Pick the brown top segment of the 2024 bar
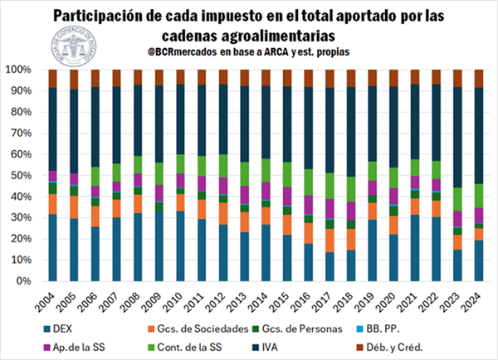coord(477,78)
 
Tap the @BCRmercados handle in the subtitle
coord(176,51)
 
